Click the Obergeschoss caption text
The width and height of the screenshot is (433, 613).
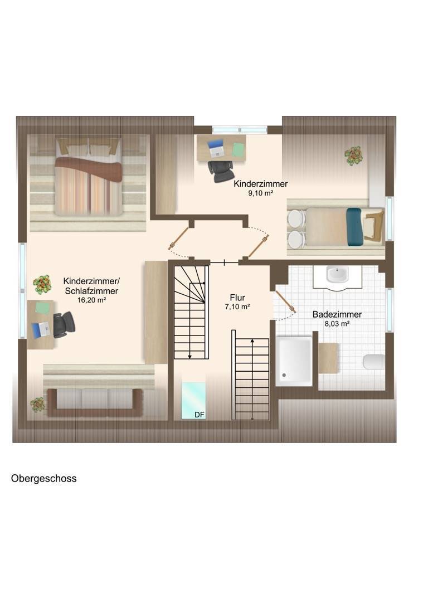pyautogui.click(x=44, y=479)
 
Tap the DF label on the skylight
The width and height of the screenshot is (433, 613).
pyautogui.click(x=200, y=415)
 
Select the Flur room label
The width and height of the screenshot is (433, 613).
pyautogui.click(x=237, y=298)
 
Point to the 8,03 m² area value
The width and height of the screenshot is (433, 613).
pyautogui.click(x=337, y=324)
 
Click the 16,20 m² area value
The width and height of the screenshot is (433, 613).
pyautogui.click(x=92, y=300)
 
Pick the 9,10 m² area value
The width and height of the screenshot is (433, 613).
pyautogui.click(x=261, y=193)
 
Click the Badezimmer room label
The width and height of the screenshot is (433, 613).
pyautogui.click(x=337, y=314)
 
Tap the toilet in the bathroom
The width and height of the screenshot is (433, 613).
pyautogui.click(x=373, y=362)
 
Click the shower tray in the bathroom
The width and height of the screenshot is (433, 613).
pyautogui.click(x=294, y=361)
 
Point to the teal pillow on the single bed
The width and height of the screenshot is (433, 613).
pyautogui.click(x=354, y=227)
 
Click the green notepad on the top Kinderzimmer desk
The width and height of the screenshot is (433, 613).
pyautogui.click(x=239, y=149)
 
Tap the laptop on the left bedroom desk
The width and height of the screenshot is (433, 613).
pyautogui.click(x=41, y=330)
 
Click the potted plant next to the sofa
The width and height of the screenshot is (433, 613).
pyautogui.click(x=37, y=405)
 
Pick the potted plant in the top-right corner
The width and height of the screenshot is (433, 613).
pyautogui.click(x=354, y=155)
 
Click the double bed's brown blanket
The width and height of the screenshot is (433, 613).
pyautogui.click(x=88, y=168)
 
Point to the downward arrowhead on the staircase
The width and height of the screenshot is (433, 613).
pyautogui.click(x=190, y=356)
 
